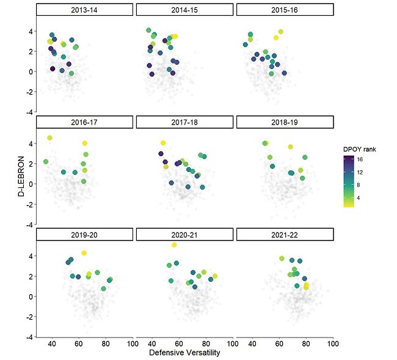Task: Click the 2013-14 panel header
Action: [x=84, y=10]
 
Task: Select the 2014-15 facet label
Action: [x=184, y=10]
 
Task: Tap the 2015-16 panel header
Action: [x=285, y=10]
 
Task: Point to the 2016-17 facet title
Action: [x=84, y=122]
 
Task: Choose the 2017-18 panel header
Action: [x=184, y=122]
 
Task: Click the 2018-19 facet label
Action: [x=285, y=122]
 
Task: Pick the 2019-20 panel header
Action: [x=84, y=234]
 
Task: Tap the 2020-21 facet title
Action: [x=184, y=234]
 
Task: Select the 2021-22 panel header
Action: [x=285, y=234]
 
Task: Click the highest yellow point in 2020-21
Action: [x=174, y=245]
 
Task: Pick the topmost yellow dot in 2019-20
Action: [x=84, y=253]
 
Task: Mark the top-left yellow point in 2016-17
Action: [x=49, y=138]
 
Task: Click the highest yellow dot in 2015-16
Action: [x=281, y=32]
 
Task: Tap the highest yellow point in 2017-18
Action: [x=163, y=143]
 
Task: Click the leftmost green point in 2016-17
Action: [x=46, y=162]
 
